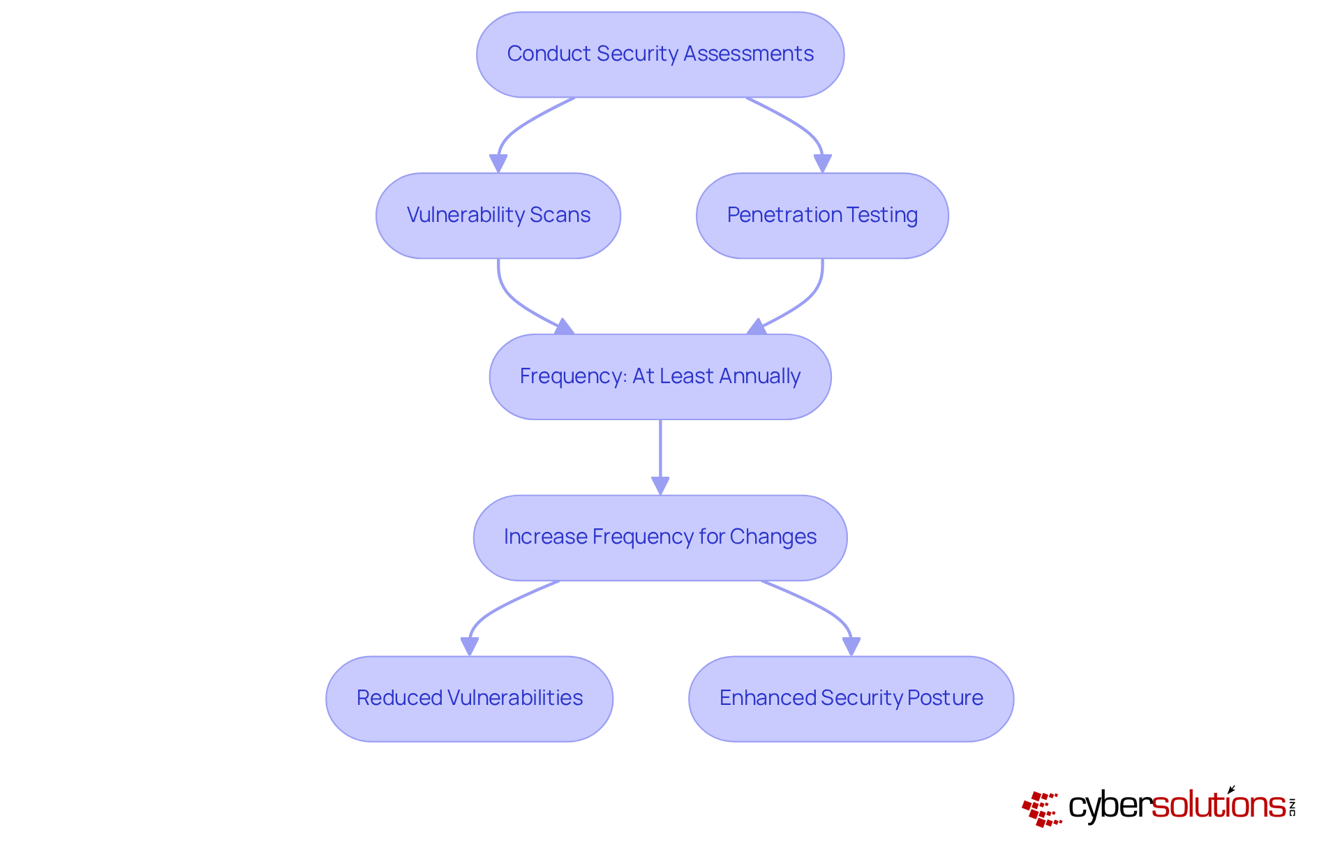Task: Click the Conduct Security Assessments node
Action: click(660, 54)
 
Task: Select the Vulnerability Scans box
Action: click(498, 216)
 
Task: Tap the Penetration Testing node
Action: click(821, 216)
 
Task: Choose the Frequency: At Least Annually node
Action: click(660, 377)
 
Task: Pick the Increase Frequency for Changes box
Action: click(660, 537)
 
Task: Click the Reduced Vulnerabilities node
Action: click(469, 699)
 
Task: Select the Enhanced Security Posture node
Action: click(850, 699)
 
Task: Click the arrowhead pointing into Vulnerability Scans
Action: click(498, 163)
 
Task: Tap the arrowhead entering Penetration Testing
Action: click(823, 163)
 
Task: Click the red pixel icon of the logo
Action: click(1041, 808)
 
